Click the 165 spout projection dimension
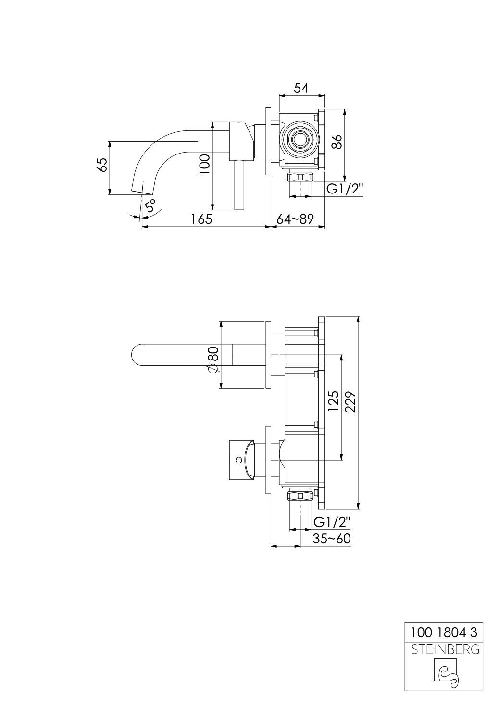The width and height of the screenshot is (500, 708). point(201,219)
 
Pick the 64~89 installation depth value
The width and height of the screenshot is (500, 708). point(295,219)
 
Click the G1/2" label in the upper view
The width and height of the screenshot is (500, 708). point(344,189)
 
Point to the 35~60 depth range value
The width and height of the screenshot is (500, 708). point(331,539)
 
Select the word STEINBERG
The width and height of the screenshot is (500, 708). point(444,649)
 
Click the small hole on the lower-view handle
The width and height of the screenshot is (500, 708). point(238,460)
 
